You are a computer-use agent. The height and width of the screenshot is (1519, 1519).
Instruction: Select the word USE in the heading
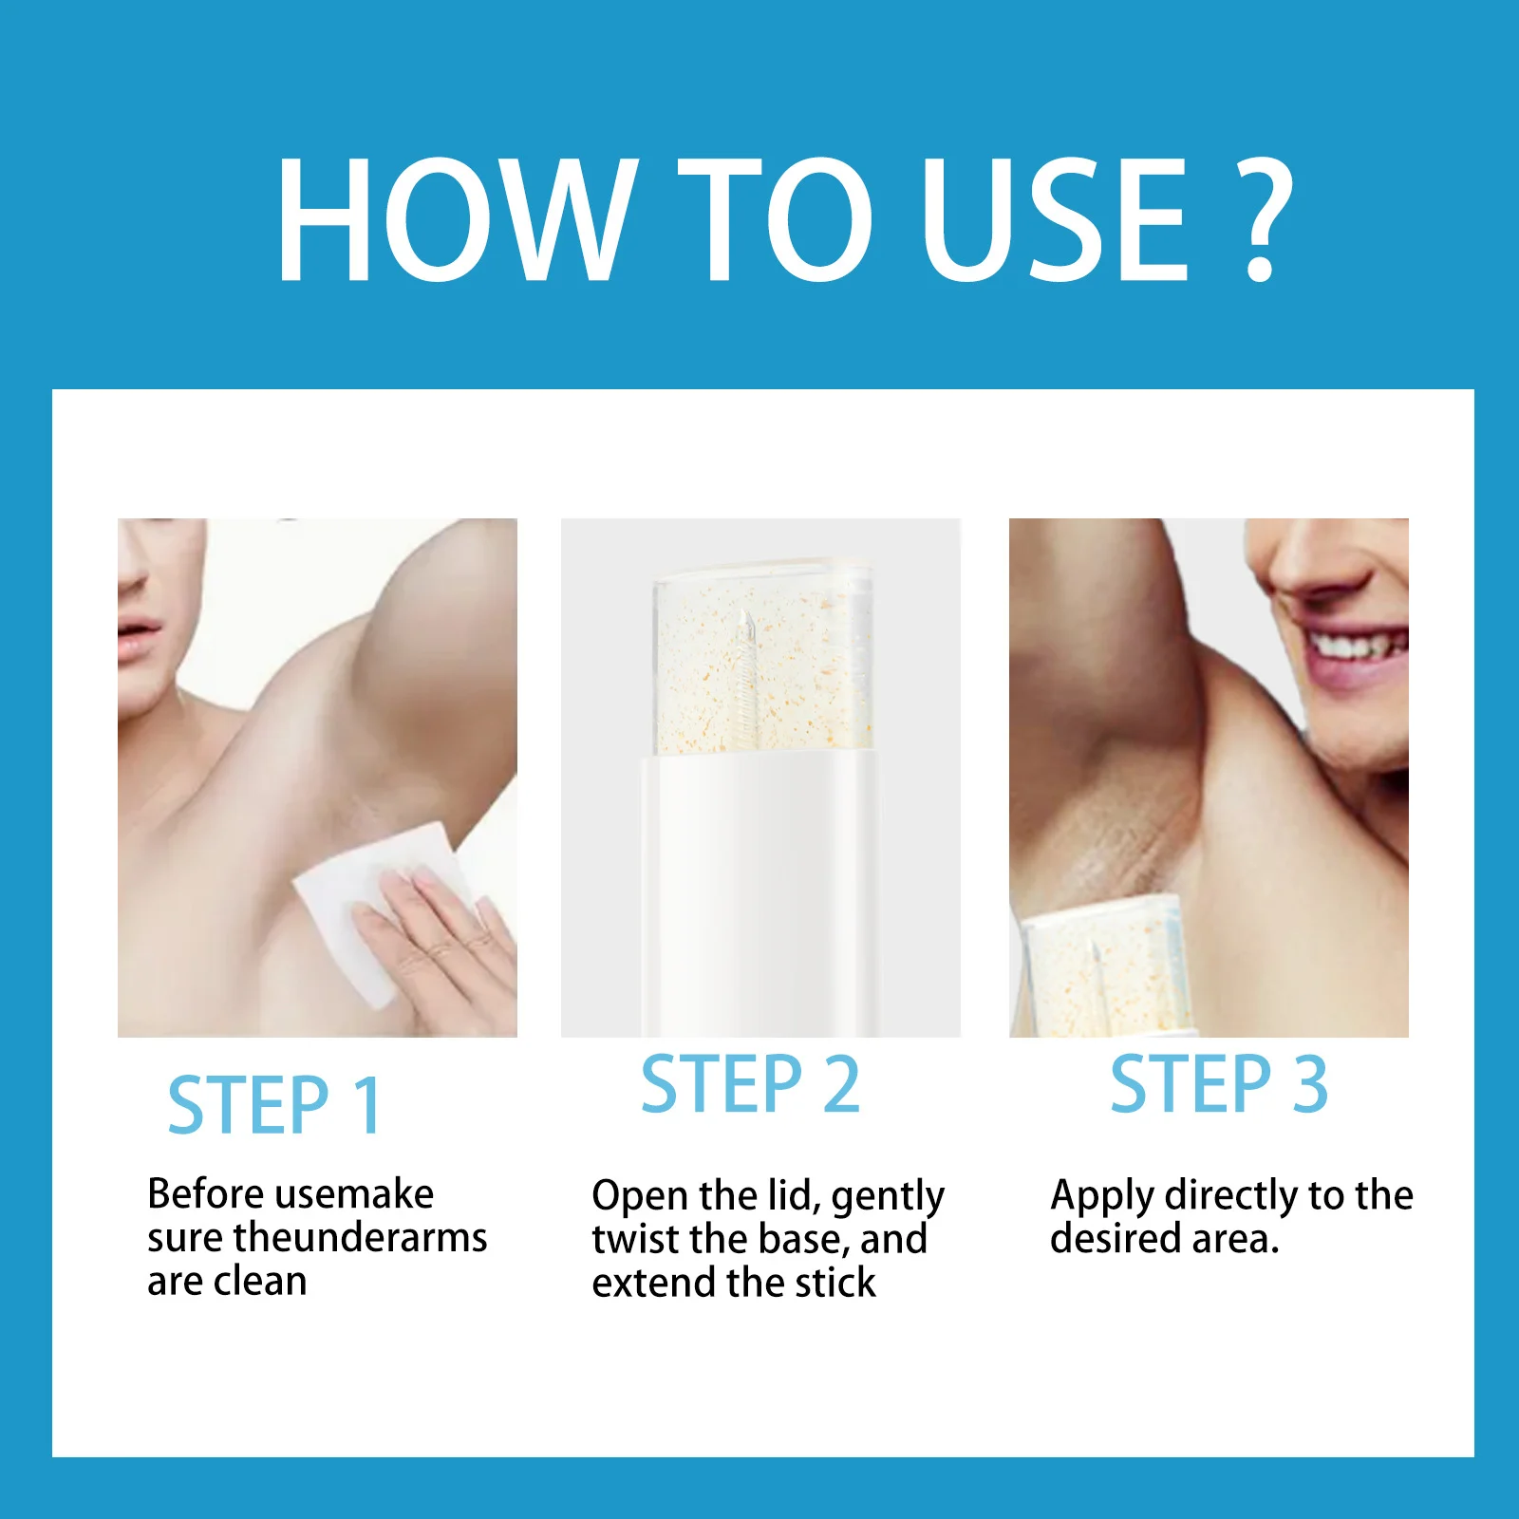[x=1053, y=219]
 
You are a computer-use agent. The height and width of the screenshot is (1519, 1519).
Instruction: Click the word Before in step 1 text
[x=205, y=1193]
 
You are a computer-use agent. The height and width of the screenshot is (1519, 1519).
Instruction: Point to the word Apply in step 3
[x=1101, y=1197]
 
